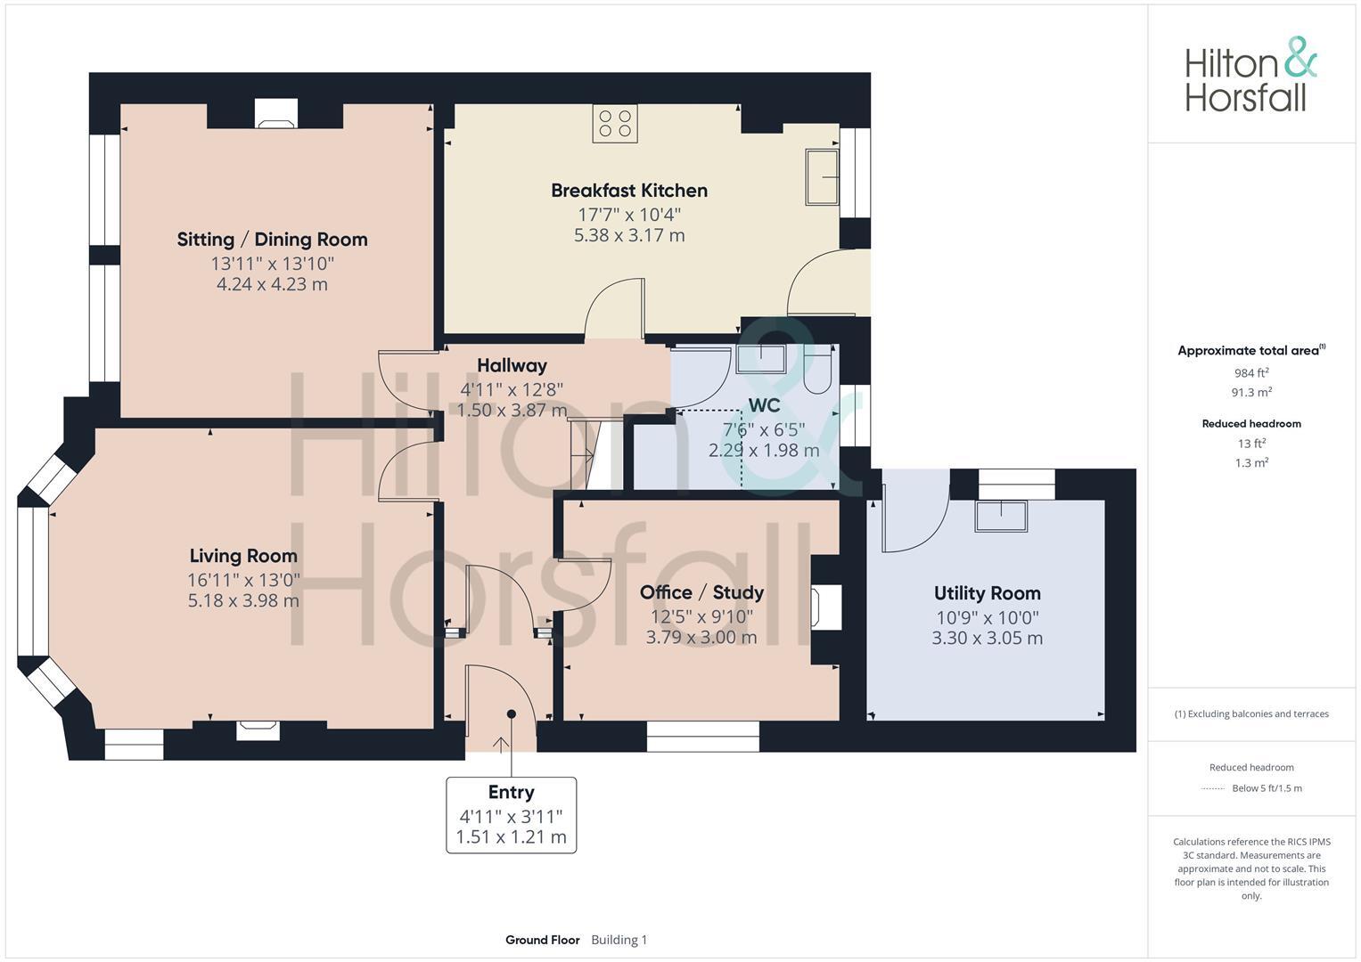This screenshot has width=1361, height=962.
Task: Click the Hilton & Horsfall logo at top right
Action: click(1250, 75)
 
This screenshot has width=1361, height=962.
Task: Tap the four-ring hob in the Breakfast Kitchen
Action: click(615, 124)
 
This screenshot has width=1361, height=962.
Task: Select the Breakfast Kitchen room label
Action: click(628, 191)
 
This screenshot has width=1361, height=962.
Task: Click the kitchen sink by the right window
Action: click(822, 176)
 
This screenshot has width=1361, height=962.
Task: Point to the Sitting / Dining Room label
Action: click(272, 240)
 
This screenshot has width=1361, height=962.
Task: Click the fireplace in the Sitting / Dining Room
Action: click(275, 114)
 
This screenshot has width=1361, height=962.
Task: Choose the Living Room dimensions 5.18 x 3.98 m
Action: click(243, 601)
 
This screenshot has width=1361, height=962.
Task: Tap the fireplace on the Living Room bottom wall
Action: click(258, 730)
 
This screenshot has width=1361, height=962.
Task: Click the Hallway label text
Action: click(512, 365)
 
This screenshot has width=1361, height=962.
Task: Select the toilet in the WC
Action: click(817, 370)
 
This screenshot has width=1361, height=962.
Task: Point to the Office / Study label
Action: click(701, 593)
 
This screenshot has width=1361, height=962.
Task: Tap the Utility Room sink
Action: click(1000, 516)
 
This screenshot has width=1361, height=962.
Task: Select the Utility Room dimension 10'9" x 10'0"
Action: click(988, 617)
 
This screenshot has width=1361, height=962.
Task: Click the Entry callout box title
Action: click(511, 793)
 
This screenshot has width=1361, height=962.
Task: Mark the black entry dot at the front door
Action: click(512, 713)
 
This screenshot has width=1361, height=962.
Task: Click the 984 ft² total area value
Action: click(1251, 373)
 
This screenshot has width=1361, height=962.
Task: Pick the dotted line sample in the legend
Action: click(1214, 788)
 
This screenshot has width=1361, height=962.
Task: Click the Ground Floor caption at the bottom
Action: click(542, 940)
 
